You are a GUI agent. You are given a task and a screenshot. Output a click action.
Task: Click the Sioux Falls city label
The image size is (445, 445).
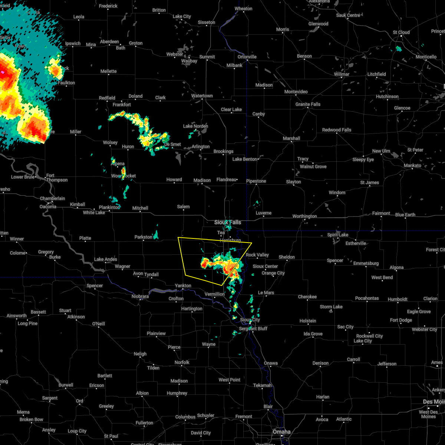pyautogui.click(x=228, y=222)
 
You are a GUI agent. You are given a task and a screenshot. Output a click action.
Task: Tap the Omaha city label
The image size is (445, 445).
pyautogui.click(x=281, y=432)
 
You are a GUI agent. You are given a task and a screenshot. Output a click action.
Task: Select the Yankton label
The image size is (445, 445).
pyautogui.click(x=183, y=286)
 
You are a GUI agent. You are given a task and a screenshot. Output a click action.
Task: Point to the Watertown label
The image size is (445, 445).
pyautogui.click(x=202, y=96)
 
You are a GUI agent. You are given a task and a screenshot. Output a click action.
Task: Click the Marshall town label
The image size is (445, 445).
pyautogui.click(x=291, y=138)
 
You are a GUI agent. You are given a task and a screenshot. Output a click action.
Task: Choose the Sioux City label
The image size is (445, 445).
pyautogui.click(x=250, y=320)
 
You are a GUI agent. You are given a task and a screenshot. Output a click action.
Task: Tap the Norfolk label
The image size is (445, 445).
pyautogui.click(x=182, y=362)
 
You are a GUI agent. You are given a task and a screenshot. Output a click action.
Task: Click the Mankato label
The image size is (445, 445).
pyautogui.click(x=413, y=165)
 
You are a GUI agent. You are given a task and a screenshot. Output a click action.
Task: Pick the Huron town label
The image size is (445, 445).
pyautogui.click(x=128, y=146)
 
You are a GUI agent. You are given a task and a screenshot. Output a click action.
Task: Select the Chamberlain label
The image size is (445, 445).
pyautogui.click(x=53, y=198)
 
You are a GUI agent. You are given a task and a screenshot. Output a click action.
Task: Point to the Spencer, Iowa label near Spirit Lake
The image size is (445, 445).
pyautogui.click(x=335, y=260)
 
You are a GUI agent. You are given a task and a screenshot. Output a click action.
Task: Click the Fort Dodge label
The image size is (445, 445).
pyautogui.click(x=401, y=320)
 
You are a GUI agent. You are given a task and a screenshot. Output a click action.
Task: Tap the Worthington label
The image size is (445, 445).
pyautogui.click(x=304, y=216)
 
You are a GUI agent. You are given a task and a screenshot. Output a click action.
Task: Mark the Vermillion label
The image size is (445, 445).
pyautogui.click(x=215, y=294)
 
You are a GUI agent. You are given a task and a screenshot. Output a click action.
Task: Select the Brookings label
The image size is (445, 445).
pyautogui.click(x=223, y=151)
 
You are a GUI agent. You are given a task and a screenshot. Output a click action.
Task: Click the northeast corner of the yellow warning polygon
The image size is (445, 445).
pyautogui.click(x=252, y=243)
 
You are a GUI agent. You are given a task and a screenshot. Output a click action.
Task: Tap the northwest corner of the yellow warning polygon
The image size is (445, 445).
pyautogui.click(x=178, y=237)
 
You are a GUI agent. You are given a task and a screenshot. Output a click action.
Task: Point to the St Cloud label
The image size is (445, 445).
pyautogui.click(x=401, y=32)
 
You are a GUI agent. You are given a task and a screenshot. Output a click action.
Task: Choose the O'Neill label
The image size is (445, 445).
pyautogui.click(x=98, y=324)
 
